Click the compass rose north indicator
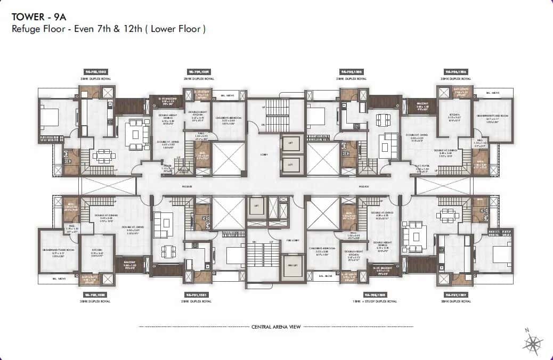(533, 341)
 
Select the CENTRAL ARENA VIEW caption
(276, 326)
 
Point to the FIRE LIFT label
(291, 265)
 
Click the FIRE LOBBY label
(291, 240)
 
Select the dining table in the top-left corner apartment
(104, 156)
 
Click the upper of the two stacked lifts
(291, 144)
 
